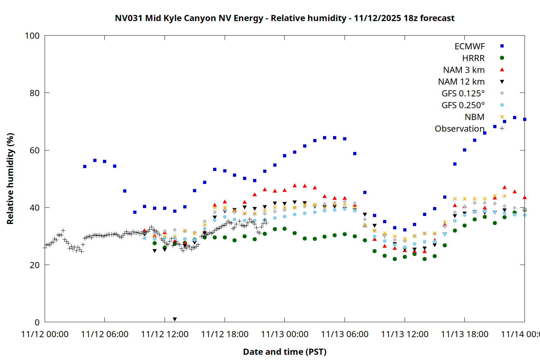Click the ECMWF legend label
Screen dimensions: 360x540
click(x=469, y=46)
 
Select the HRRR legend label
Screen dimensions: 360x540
click(x=473, y=58)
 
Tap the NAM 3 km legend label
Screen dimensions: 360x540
click(x=464, y=70)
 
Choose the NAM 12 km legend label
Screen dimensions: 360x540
click(x=461, y=82)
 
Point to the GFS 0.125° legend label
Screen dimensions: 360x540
click(x=463, y=94)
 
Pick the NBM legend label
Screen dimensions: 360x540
click(x=474, y=117)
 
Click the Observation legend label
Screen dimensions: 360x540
click(x=459, y=129)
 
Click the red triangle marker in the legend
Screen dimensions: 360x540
click(x=502, y=69)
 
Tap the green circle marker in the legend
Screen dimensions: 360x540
click(x=502, y=58)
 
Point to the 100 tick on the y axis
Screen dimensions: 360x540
click(x=32, y=36)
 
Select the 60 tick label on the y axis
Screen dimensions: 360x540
click(x=35, y=150)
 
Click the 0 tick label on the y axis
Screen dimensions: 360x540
click(x=37, y=322)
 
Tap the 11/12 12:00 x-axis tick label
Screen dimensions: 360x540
click(x=165, y=334)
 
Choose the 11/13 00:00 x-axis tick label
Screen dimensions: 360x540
click(x=284, y=334)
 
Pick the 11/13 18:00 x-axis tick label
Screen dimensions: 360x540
click(x=464, y=334)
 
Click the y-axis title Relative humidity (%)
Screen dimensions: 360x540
click(x=10, y=179)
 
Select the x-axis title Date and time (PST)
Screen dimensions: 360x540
click(x=284, y=352)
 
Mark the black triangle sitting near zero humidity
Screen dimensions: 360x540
click(x=175, y=319)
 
